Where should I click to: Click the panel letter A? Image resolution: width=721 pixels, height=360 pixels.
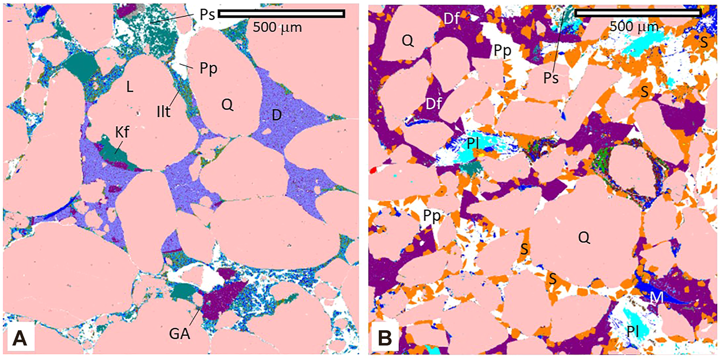pyautogui.click(x=19, y=338)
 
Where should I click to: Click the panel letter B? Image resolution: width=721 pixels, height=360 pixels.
pyautogui.click(x=384, y=338)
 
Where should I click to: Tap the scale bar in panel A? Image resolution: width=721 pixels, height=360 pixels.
pyautogui.click(x=282, y=14)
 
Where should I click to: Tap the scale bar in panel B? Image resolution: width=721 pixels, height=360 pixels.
pyautogui.click(x=638, y=13)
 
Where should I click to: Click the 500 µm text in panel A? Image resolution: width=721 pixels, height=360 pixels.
pyautogui.click(x=277, y=28)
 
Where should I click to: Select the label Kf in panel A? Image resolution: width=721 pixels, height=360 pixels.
pyautogui.click(x=122, y=132)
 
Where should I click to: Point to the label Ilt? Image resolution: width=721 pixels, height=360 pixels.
pyautogui.click(x=164, y=112)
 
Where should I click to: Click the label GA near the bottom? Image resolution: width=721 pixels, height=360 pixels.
pyautogui.click(x=179, y=334)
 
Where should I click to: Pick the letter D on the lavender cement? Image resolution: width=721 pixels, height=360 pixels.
pyautogui.click(x=277, y=115)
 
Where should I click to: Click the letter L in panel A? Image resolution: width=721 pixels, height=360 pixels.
pyautogui.click(x=129, y=87)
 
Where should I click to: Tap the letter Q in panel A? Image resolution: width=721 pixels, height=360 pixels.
pyautogui.click(x=227, y=105)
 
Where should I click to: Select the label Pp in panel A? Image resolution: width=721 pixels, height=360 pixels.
pyautogui.click(x=208, y=69)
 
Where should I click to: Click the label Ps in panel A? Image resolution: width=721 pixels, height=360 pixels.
pyautogui.click(x=207, y=15)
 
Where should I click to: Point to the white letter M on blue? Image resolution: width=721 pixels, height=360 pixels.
pyautogui.click(x=657, y=298)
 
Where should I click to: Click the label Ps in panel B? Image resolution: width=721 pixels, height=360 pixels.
pyautogui.click(x=551, y=77)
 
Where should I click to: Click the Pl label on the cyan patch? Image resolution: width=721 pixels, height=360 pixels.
pyautogui.click(x=473, y=143)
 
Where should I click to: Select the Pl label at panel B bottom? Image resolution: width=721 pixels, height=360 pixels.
pyautogui.click(x=632, y=331)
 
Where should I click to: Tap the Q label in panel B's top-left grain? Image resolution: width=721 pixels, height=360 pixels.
pyautogui.click(x=408, y=40)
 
